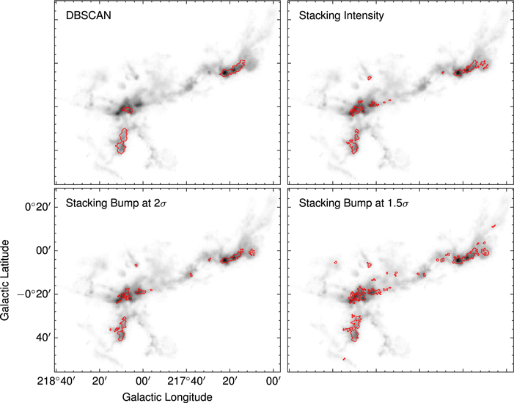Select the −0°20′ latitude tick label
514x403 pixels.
(x=33, y=294)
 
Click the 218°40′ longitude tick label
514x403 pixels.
(x=56, y=380)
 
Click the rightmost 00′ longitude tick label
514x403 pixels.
(x=273, y=380)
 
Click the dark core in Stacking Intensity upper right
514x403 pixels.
(x=457, y=73)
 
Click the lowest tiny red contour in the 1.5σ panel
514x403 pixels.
(x=345, y=359)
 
